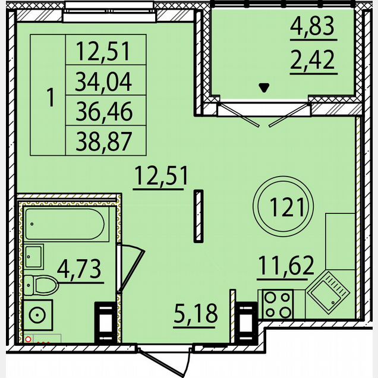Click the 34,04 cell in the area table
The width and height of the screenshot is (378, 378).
coord(103,82)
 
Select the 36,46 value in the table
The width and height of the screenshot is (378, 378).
coord(104,111)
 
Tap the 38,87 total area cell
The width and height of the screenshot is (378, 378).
coord(104,141)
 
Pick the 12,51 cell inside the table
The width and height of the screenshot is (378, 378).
coord(103,51)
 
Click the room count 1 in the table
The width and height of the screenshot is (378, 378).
coord(51,97)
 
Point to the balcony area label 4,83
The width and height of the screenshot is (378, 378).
coord(312,26)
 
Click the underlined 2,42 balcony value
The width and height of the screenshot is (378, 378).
coord(313,60)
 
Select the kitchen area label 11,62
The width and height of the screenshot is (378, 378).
coord(286,266)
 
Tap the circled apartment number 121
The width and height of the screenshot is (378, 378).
coord(283,206)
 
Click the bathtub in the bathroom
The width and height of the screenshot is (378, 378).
coord(65,224)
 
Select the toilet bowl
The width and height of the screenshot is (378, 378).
coord(41,285)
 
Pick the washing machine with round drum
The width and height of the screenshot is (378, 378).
coord(37,315)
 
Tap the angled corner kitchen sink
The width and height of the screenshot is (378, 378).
coord(329,292)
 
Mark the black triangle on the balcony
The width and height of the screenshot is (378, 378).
coord(264,87)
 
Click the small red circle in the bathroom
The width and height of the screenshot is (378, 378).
coord(28,339)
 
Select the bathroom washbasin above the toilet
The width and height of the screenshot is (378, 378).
coord(33,257)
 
